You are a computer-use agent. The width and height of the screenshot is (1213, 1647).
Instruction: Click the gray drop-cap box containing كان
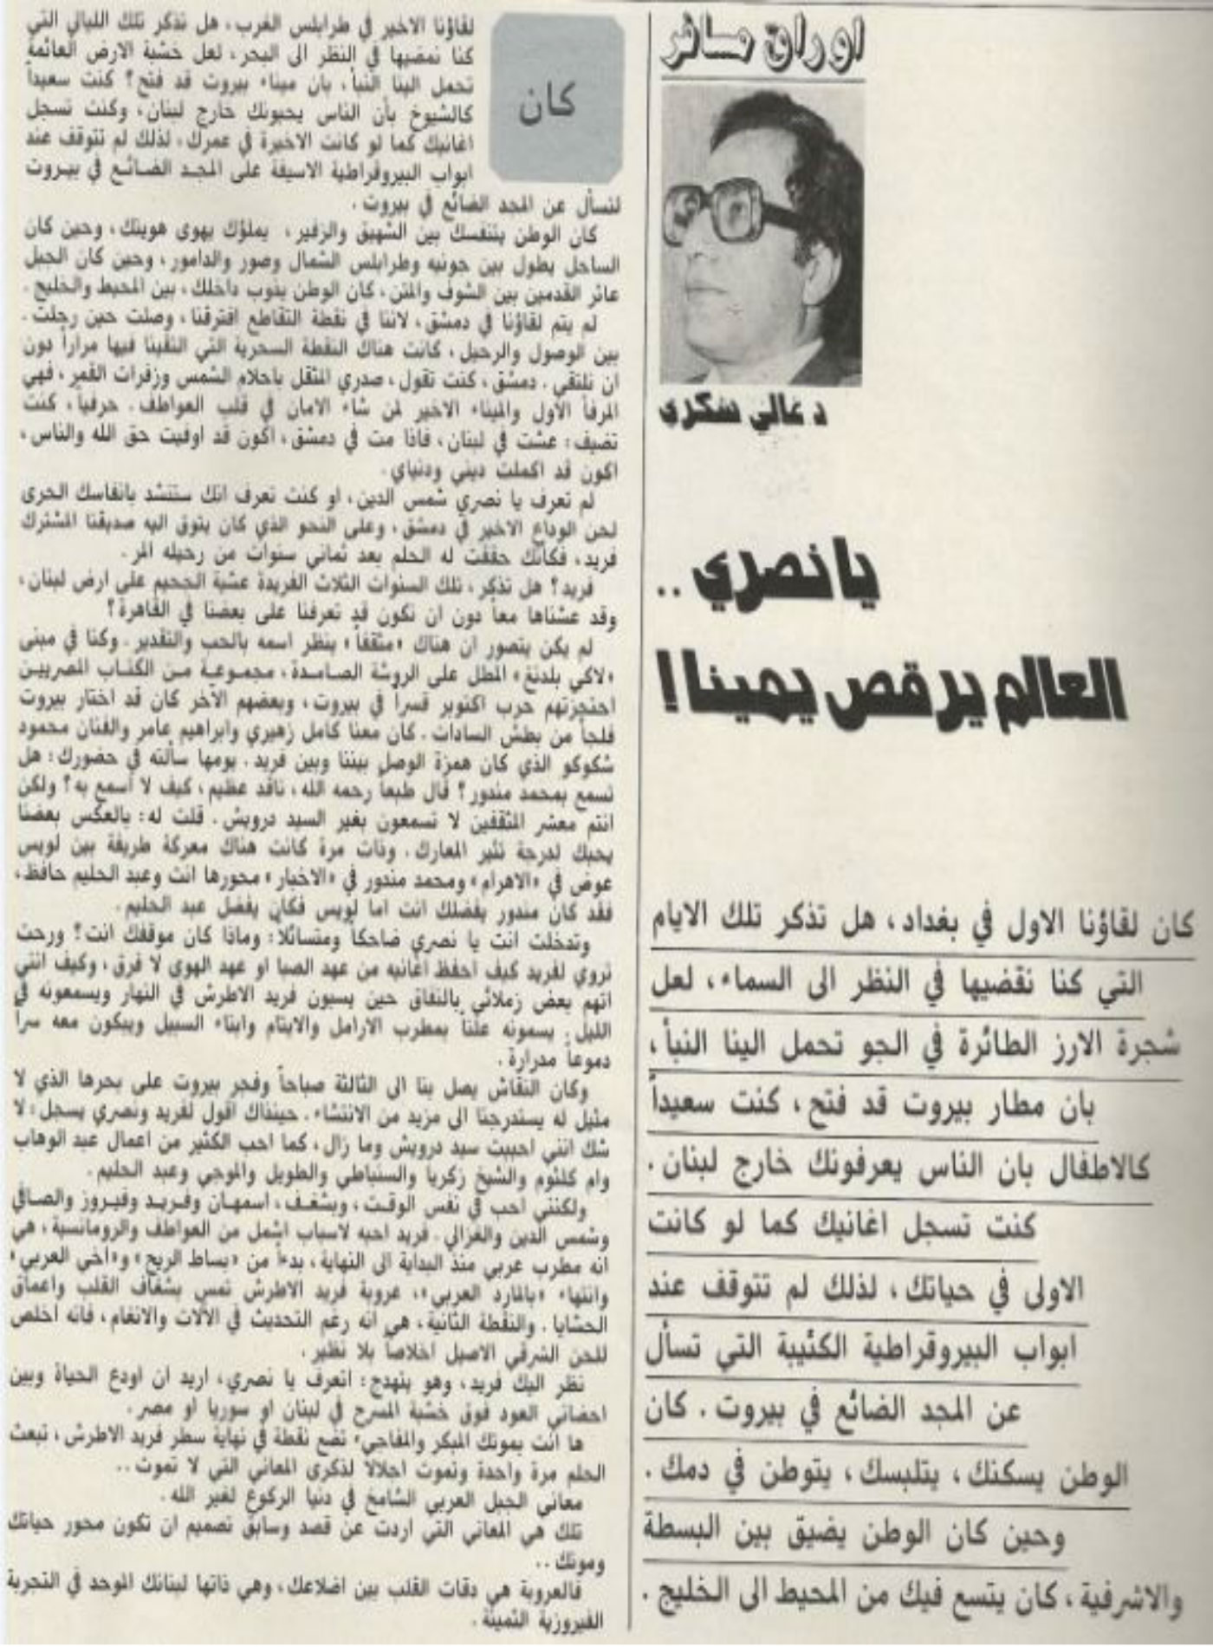click(555, 100)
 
